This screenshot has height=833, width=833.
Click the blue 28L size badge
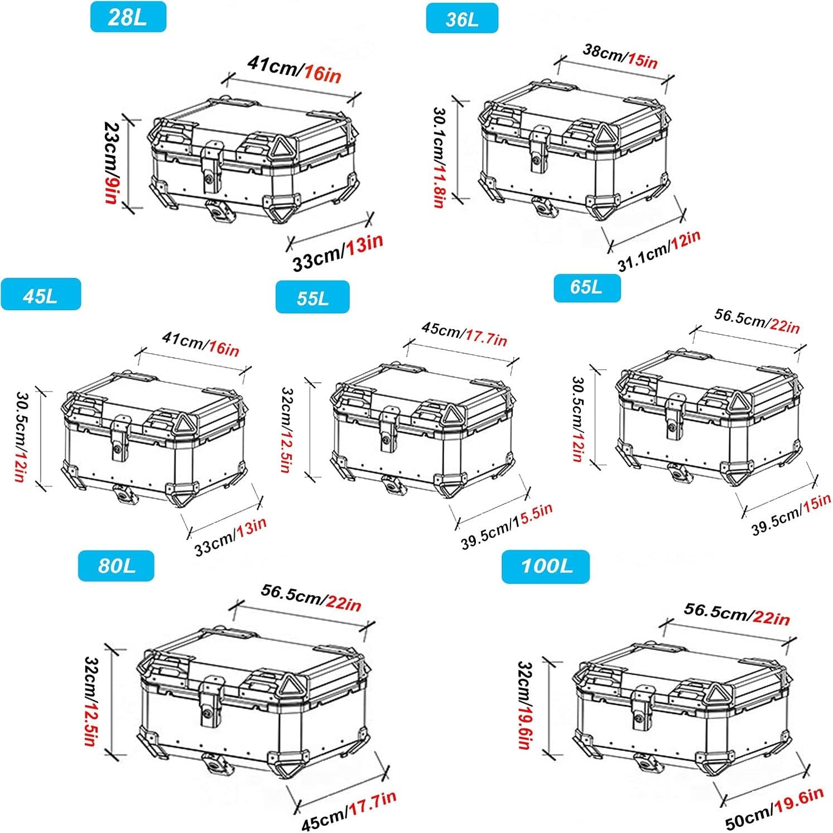128,17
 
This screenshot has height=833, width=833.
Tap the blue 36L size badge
462,19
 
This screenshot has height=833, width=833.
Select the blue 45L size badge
40,295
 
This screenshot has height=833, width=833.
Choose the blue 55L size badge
312,297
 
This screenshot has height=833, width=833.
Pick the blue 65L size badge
586,288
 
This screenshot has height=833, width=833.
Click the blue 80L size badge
116,566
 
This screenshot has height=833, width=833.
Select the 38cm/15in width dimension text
620,56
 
